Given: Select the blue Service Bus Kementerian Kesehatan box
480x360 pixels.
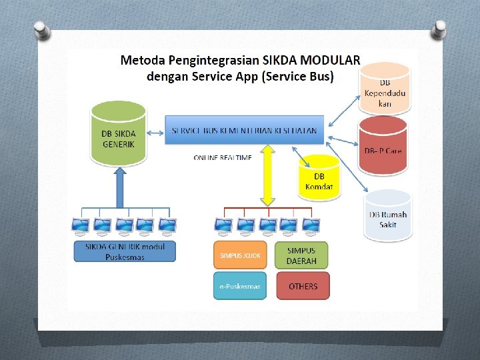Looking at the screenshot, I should (x=245, y=129).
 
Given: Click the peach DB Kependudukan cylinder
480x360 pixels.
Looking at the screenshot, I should (x=385, y=88).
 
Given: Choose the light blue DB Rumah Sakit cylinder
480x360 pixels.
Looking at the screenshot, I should (x=388, y=215).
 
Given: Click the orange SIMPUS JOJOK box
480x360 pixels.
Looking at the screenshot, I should (x=239, y=255).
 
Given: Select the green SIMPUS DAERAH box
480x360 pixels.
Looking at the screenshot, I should (x=301, y=255).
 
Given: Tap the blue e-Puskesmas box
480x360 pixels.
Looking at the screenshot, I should (x=239, y=286).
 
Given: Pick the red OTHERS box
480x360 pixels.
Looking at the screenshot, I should (x=303, y=286).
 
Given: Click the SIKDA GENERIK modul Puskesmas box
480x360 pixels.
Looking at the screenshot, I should (x=125, y=251).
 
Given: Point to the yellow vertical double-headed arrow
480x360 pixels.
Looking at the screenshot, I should (x=267, y=175).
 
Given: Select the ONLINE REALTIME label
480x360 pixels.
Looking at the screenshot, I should (x=223, y=158).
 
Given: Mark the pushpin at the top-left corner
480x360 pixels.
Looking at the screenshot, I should (x=41, y=30).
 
